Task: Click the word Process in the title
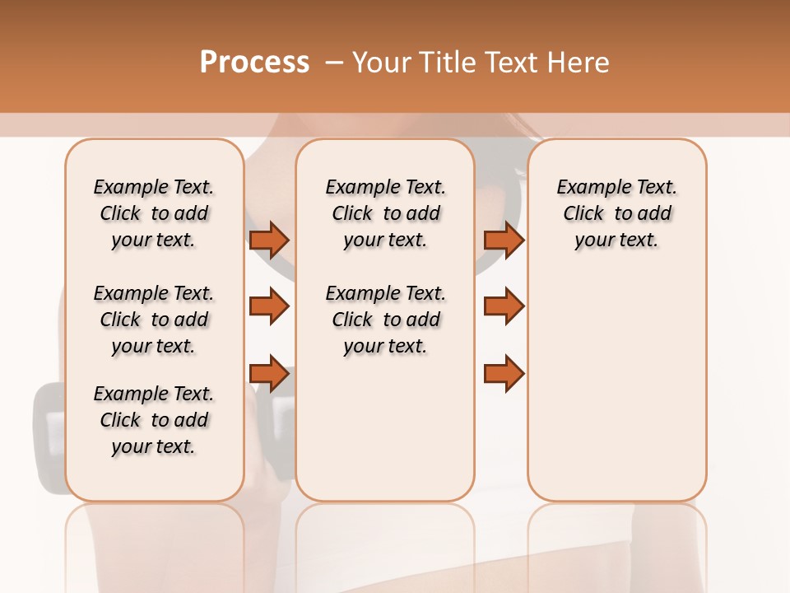pos(254,63)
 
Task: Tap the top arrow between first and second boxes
pos(269,240)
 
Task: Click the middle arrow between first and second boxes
pos(269,306)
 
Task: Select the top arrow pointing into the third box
pos(504,240)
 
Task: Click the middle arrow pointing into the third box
pos(504,306)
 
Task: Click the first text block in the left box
pos(154,213)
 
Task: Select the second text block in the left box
pos(154,320)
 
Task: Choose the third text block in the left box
pos(154,420)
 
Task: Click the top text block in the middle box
pos(386,213)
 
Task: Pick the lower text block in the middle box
pos(386,320)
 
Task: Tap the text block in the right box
pos(616,213)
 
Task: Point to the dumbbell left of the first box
pos(48,437)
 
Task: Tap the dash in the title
pos(333,63)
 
